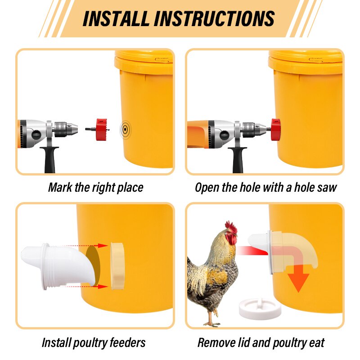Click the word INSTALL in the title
point(116,18)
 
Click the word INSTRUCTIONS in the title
point(214,18)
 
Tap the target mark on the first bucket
point(125,130)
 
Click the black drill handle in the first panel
point(49,159)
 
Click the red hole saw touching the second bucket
point(275,130)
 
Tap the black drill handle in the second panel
point(238,160)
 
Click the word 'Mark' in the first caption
point(60,187)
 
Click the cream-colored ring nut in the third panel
point(117,265)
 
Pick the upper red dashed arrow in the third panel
point(88,246)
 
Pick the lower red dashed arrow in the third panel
point(88,286)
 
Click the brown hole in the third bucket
point(93,265)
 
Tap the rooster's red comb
point(231,227)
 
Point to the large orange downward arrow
point(298,278)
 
